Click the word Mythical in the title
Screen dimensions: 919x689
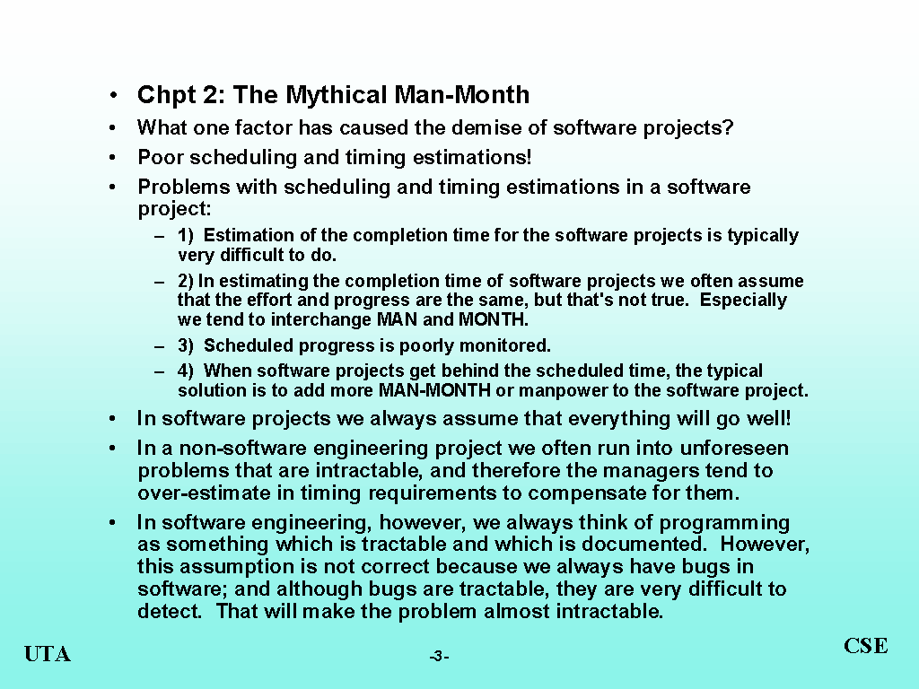[x=337, y=95]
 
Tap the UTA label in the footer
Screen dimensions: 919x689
[x=48, y=654]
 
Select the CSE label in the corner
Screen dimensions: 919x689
[x=866, y=646]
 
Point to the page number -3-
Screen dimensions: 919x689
[x=439, y=656]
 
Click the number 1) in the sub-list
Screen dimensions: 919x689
[x=185, y=235]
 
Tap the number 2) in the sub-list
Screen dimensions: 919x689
[x=185, y=281]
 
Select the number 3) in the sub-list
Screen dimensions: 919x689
[x=185, y=345]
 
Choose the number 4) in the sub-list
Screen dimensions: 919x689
[x=185, y=371]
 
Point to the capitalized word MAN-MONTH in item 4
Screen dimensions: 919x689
[x=434, y=390]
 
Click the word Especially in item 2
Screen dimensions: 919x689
[x=743, y=300]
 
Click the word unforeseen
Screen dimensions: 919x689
[x=734, y=449]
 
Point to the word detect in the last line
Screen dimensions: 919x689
[x=170, y=611]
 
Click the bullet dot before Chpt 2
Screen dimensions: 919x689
[x=112, y=95]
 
